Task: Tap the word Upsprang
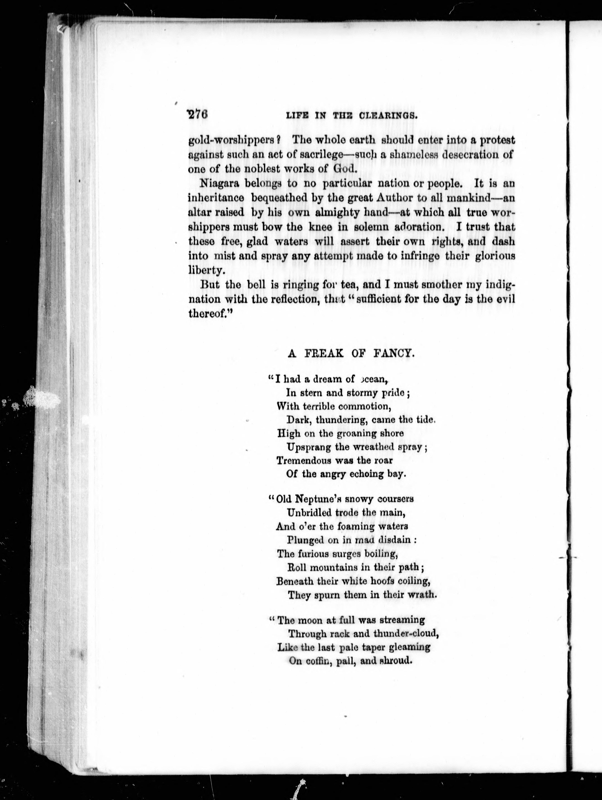tap(309, 447)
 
